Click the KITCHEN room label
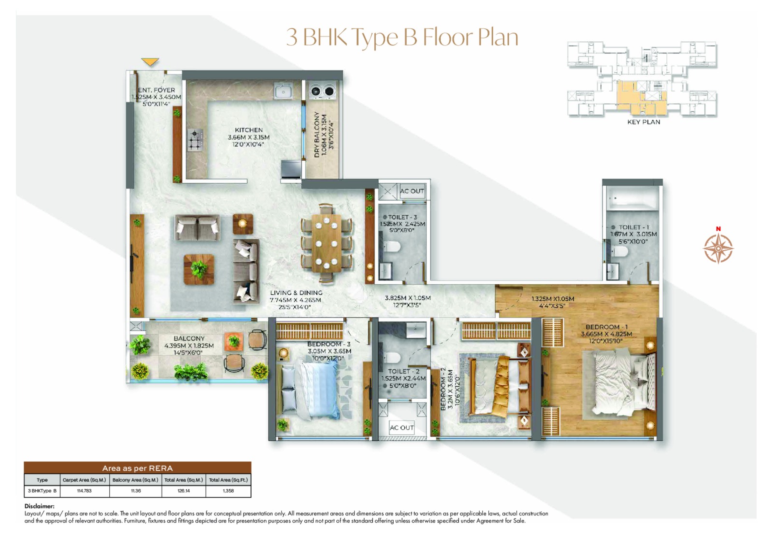(249, 130)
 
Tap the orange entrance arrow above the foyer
(150, 62)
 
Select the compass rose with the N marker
(718, 248)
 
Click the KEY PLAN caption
(644, 122)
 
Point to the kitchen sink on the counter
(283, 91)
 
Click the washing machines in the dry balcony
(322, 91)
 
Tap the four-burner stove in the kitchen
(195, 140)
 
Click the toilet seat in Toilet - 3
(392, 247)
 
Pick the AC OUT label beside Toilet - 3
(412, 191)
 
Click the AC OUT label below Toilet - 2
(401, 428)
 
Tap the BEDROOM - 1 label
(606, 327)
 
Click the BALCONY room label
(189, 338)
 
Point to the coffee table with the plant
(199, 269)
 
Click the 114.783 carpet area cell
(84, 491)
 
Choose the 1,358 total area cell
(228, 491)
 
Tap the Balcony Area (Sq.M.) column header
(135, 480)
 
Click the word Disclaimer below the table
(40, 506)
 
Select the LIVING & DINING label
(296, 293)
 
